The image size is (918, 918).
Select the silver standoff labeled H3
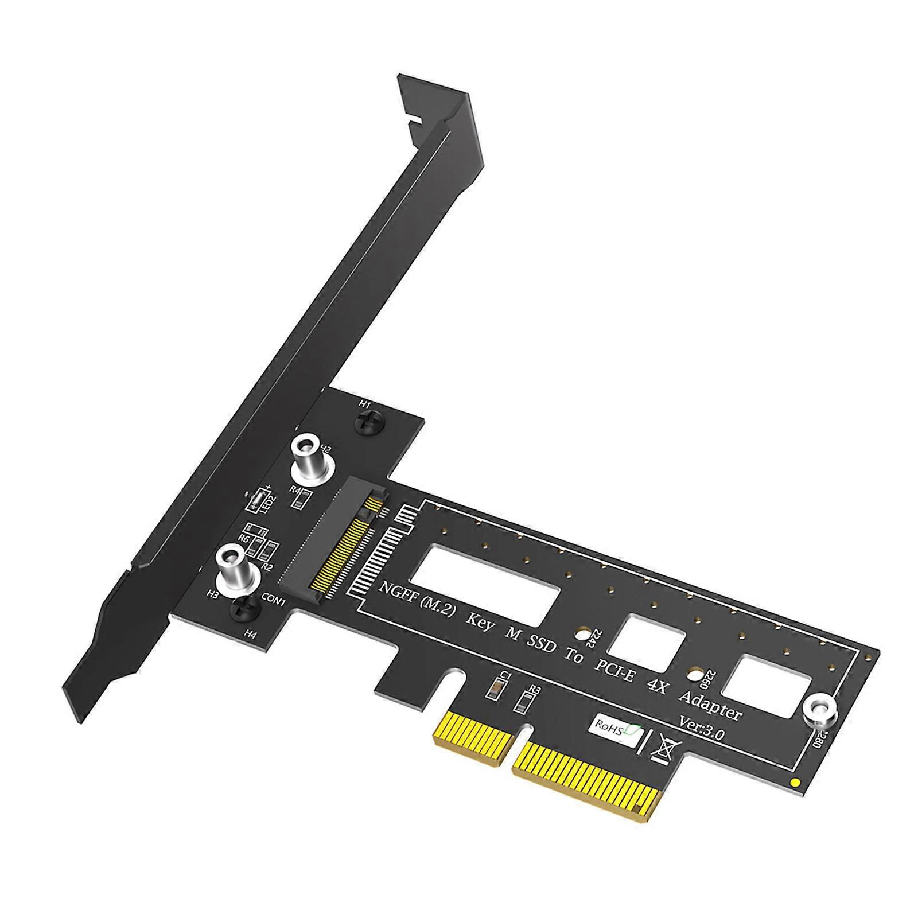coord(233,565)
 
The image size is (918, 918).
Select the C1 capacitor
coord(491,690)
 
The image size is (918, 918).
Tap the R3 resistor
coord(523,701)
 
